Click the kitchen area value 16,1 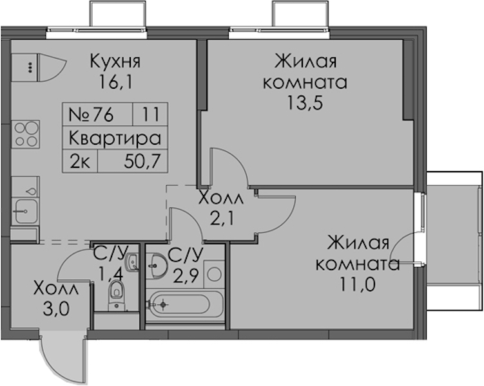pyautogui.click(x=115, y=82)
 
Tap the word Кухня pyautogui.click(x=115, y=61)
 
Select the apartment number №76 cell pyautogui.click(x=97, y=115)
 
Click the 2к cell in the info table pyautogui.click(x=80, y=161)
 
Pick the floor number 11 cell pyautogui.click(x=151, y=115)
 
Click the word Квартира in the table pyautogui.click(x=115, y=138)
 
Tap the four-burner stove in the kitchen pyautogui.click(x=26, y=134)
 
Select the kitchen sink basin pyautogui.click(x=26, y=211)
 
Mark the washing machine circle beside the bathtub pyautogui.click(x=214, y=274)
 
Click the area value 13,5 pyautogui.click(x=305, y=102)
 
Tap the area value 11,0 pyautogui.click(x=358, y=284)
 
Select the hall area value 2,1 pyautogui.click(x=220, y=219)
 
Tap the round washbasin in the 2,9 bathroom pyautogui.click(x=157, y=266)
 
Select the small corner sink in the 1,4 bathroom pyautogui.click(x=132, y=262)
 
